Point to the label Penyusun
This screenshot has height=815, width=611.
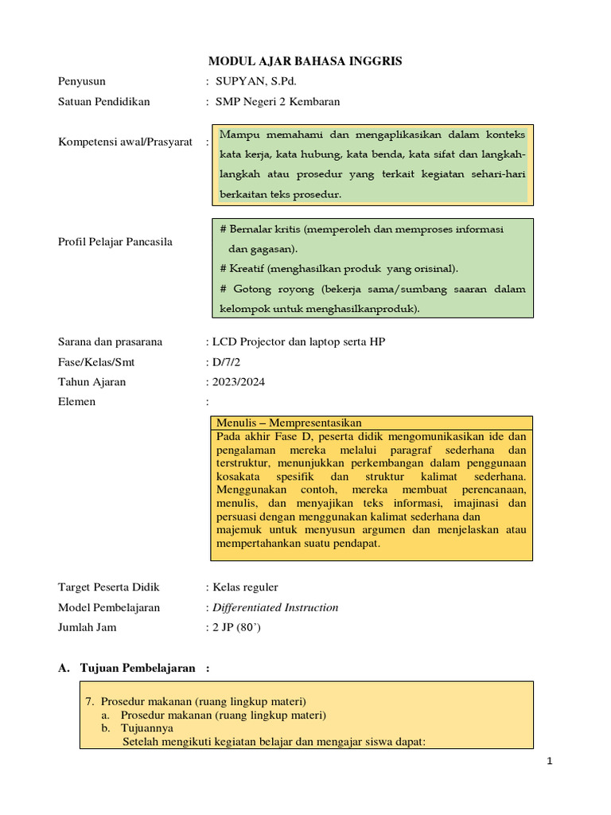[x=82, y=81]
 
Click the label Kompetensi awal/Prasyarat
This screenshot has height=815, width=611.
[x=126, y=142]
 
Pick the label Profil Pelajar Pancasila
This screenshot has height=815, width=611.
[x=115, y=241]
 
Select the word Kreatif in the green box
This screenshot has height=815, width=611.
[x=248, y=268]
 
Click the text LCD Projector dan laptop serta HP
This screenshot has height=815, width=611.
[x=299, y=342]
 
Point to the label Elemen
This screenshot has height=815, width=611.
[x=77, y=402]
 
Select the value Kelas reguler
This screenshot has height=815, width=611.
[x=245, y=587]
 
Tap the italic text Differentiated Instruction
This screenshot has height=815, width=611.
[x=274, y=607]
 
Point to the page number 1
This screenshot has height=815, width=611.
[x=549, y=762]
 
